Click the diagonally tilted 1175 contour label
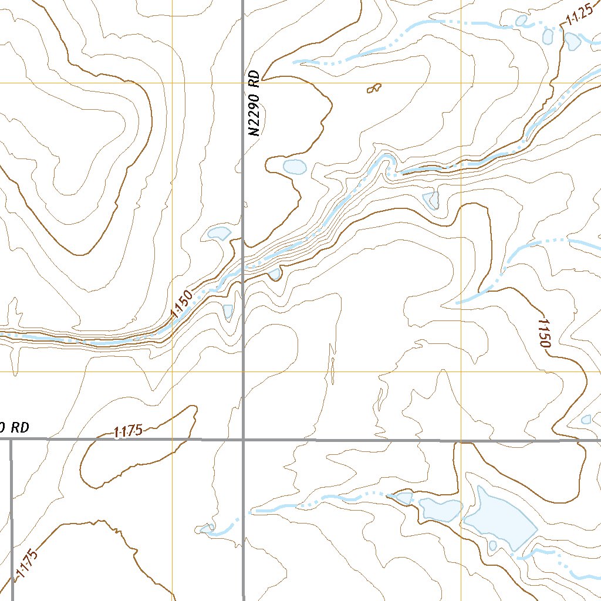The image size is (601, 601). coord(27,565)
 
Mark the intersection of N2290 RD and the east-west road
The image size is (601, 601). coord(244,439)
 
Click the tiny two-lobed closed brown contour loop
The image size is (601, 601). coord(373,89)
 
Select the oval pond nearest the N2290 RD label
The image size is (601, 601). coord(294,167)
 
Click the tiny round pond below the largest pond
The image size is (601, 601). coord(492,546)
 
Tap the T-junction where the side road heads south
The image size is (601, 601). coord(11,439)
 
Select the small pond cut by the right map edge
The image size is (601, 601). coord(586,420)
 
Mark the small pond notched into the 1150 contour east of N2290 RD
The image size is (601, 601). coord(275,274)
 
